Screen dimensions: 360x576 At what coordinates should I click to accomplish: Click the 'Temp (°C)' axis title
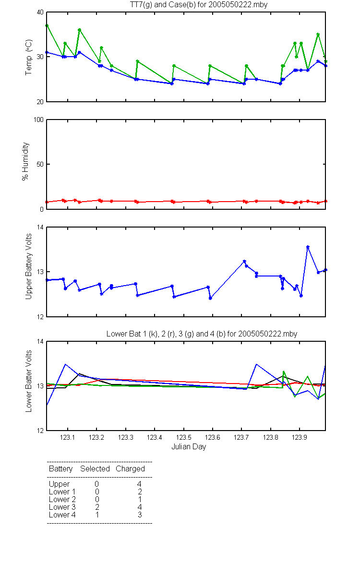tap(28, 57)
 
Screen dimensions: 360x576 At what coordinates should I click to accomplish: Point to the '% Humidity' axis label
tap(25, 161)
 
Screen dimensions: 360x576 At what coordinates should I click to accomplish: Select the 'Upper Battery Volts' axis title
tap(28, 266)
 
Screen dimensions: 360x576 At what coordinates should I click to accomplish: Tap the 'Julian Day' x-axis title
tap(189, 447)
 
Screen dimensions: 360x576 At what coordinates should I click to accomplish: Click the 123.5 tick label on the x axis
tap(183, 437)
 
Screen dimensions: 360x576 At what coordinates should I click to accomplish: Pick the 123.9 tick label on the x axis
tap(300, 437)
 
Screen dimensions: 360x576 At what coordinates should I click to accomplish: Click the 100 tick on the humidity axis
tap(38, 120)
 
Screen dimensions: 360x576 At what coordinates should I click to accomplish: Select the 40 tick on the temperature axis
tap(40, 12)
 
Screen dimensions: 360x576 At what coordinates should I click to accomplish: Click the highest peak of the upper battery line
tap(308, 247)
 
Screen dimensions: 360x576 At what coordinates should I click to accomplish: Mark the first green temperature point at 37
tap(47, 26)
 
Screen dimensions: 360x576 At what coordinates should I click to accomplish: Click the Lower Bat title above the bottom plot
tap(202, 334)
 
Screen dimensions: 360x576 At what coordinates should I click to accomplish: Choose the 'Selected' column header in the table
tap(95, 468)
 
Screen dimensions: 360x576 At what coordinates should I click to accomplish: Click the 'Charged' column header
tap(130, 469)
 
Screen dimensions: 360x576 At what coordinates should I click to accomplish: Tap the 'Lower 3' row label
tap(62, 507)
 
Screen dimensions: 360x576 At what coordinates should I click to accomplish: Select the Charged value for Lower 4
tap(140, 515)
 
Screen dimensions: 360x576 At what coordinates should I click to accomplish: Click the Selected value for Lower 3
tap(97, 507)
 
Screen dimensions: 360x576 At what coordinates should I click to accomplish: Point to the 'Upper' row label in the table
tap(59, 484)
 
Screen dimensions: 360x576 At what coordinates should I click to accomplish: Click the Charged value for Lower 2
tap(140, 499)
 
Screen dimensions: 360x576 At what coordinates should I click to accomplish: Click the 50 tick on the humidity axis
tap(40, 164)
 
